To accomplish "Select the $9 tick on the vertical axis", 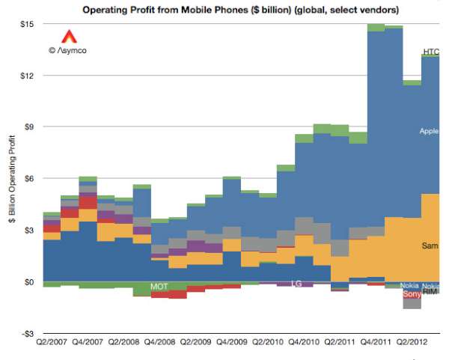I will [29, 127].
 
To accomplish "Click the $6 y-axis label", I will [29, 179].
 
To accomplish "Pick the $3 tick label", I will [29, 231].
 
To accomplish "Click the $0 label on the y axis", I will [29, 282].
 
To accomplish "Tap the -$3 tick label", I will [28, 334].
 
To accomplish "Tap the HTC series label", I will [430, 52].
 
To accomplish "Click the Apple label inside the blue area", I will [429, 132].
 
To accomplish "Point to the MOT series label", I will [159, 287].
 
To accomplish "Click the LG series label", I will [296, 284].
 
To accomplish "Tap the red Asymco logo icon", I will [67, 36].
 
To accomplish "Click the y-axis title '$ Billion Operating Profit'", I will [13, 179].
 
